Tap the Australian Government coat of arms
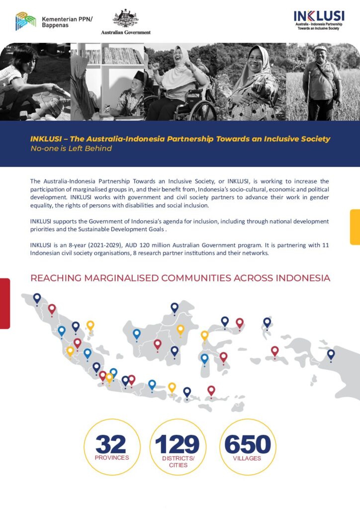pyautogui.click(x=125, y=18)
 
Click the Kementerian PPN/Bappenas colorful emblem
pyautogui.click(x=26, y=21)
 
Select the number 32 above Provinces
pyautogui.click(x=111, y=443)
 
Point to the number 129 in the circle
pyautogui.click(x=178, y=443)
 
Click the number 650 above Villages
pyautogui.click(x=248, y=443)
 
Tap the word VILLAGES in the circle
pyautogui.click(x=247, y=458)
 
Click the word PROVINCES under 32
pyautogui.click(x=112, y=457)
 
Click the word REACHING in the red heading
pyautogui.click(x=55, y=278)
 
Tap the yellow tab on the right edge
pyautogui.click(x=355, y=227)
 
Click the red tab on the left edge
pyautogui.click(x=4, y=303)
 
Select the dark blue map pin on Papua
pyautogui.click(x=331, y=354)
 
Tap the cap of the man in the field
pyautogui.click(x=320, y=48)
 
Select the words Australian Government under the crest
pyautogui.click(x=126, y=32)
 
